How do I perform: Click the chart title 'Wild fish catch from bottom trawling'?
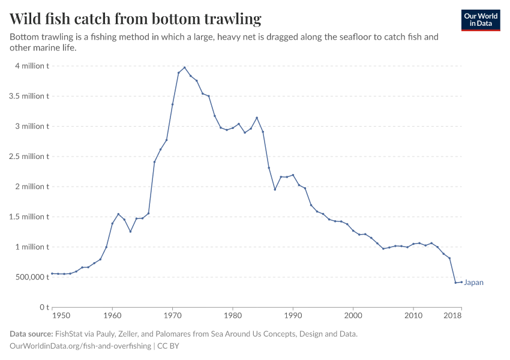click(136, 19)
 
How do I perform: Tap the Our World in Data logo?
click(480, 20)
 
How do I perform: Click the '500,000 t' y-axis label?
click(29, 277)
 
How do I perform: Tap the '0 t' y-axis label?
click(44, 307)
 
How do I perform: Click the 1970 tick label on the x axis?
click(172, 315)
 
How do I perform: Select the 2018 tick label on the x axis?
click(453, 315)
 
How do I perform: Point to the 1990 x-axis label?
click(293, 315)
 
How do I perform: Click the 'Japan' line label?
click(474, 283)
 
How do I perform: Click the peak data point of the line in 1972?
click(184, 67)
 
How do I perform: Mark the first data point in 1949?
click(52, 274)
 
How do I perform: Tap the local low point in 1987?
click(275, 190)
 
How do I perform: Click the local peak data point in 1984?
click(257, 118)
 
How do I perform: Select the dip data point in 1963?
click(130, 232)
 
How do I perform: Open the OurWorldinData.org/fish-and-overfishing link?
click(80, 346)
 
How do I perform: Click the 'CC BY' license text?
click(169, 346)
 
